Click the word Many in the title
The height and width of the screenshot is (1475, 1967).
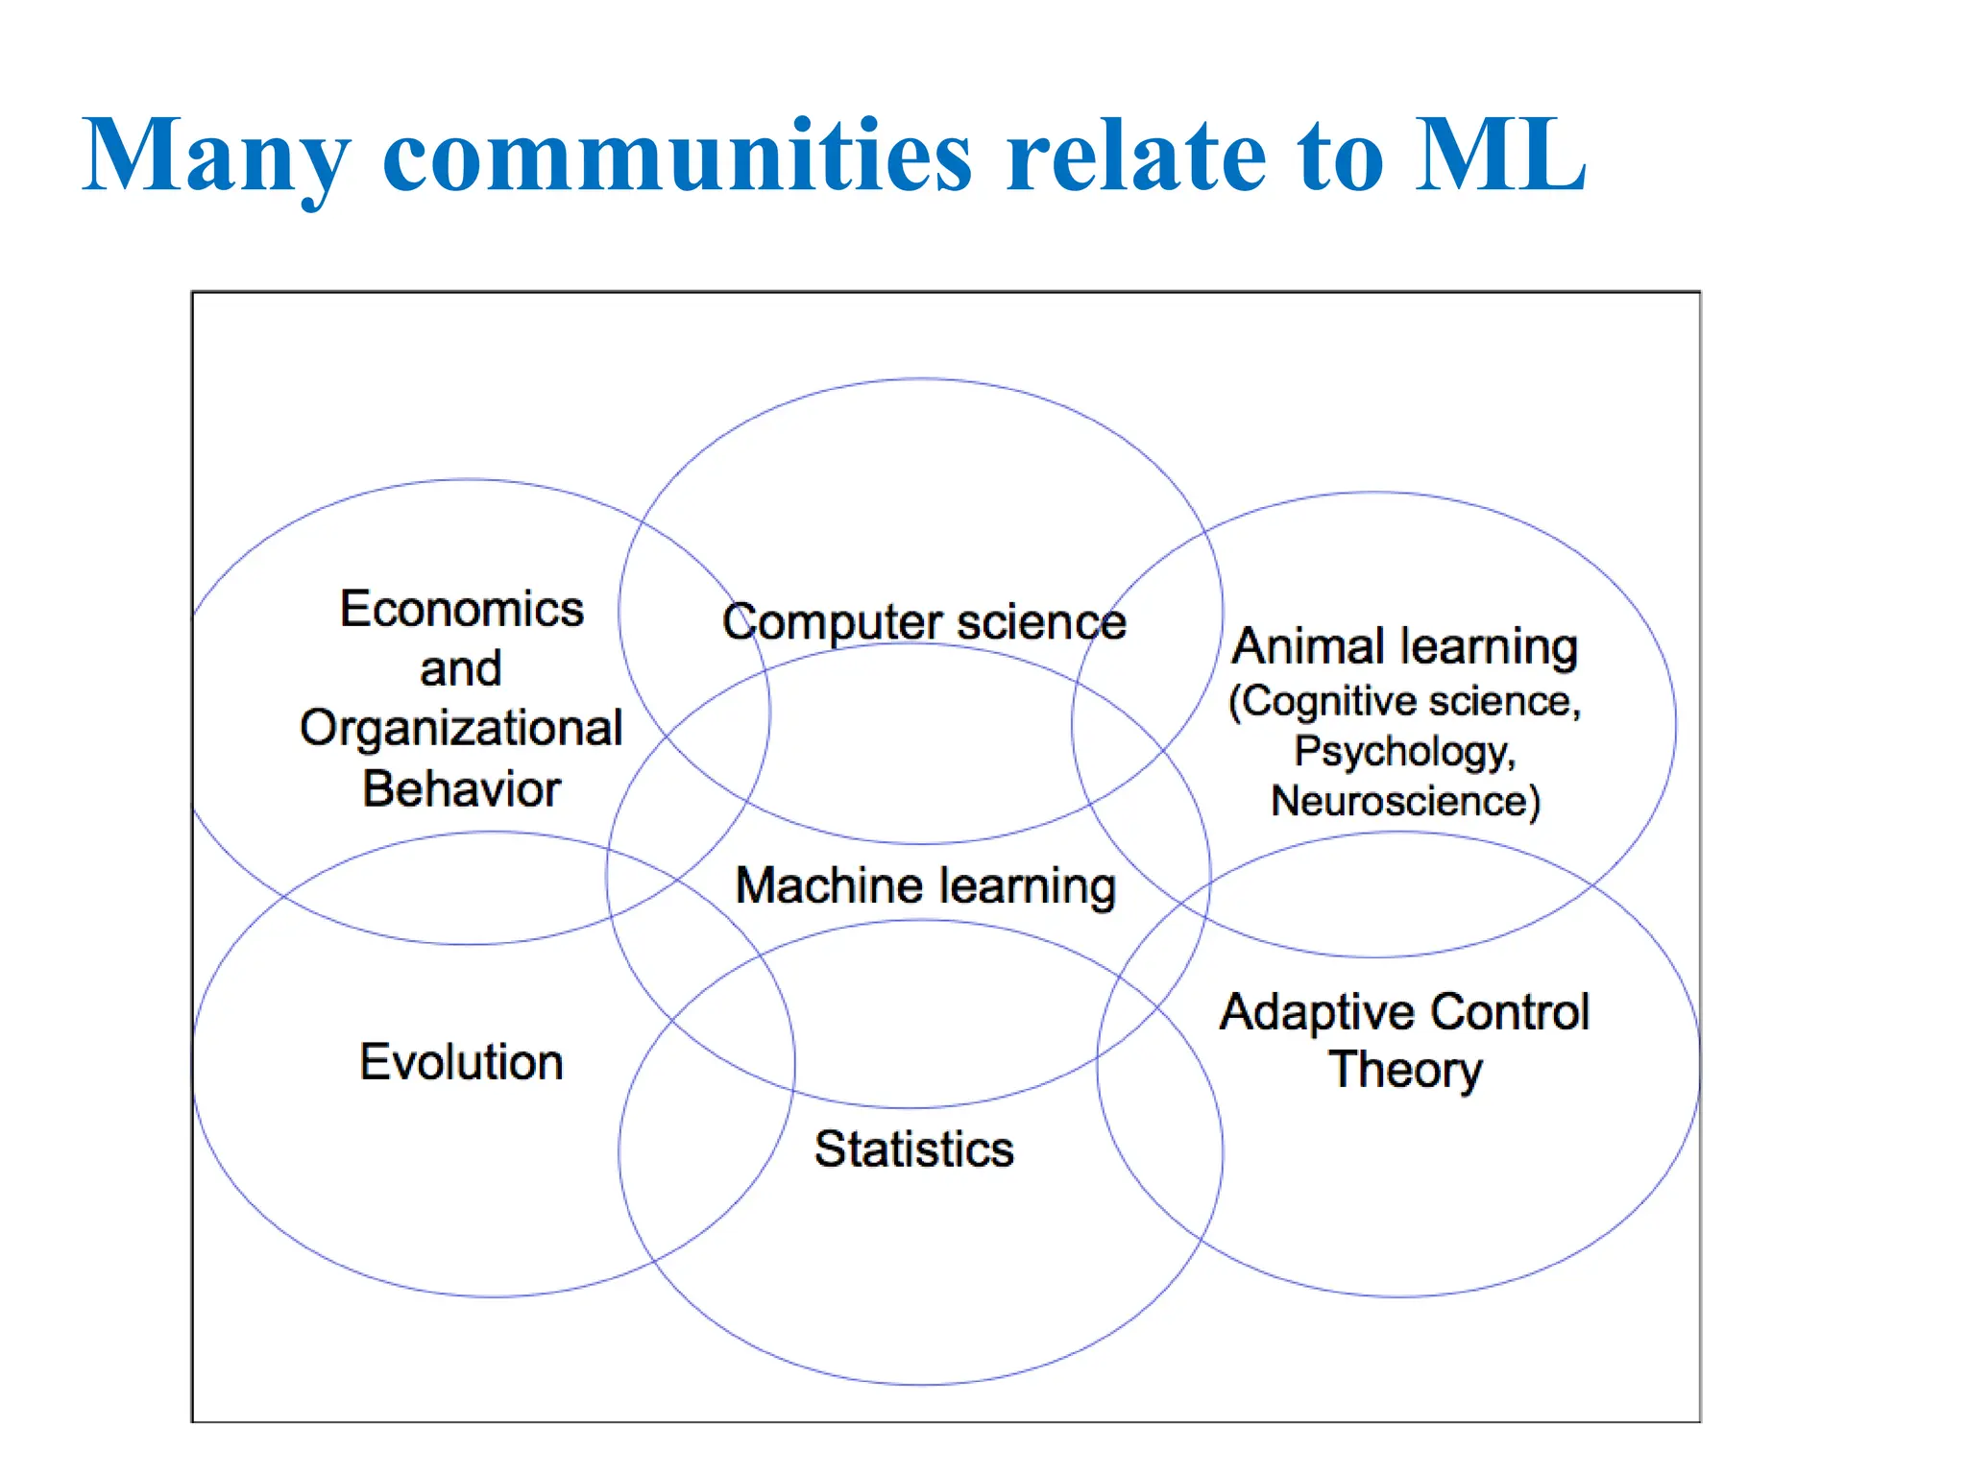pyautogui.click(x=216, y=157)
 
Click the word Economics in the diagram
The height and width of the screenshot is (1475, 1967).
pyautogui.click(x=462, y=609)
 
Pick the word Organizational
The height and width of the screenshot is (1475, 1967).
pyautogui.click(x=462, y=728)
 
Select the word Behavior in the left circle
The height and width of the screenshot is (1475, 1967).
pyautogui.click(x=462, y=788)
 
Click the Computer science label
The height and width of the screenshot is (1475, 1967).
pyautogui.click(x=924, y=621)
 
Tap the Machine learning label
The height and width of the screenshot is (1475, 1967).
pyautogui.click(x=925, y=884)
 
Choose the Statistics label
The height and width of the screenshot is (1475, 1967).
pyautogui.click(x=914, y=1149)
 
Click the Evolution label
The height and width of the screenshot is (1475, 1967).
pyautogui.click(x=461, y=1061)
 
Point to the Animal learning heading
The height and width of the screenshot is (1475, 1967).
pyautogui.click(x=1405, y=645)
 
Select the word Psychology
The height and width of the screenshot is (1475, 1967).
pyautogui.click(x=1403, y=751)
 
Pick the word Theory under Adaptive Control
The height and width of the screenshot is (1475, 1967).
pyautogui.click(x=1405, y=1070)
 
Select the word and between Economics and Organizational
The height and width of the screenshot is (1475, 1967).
pyautogui.click(x=461, y=668)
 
